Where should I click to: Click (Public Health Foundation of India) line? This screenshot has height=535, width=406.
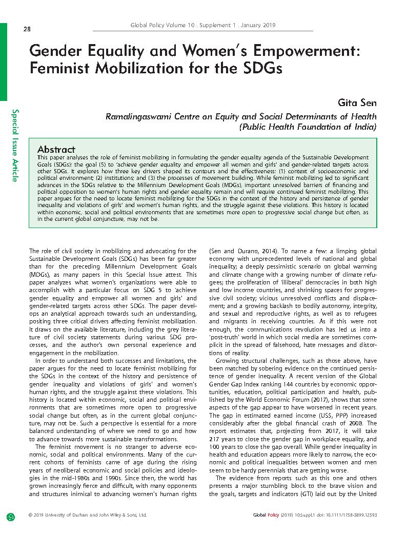[308, 126]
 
